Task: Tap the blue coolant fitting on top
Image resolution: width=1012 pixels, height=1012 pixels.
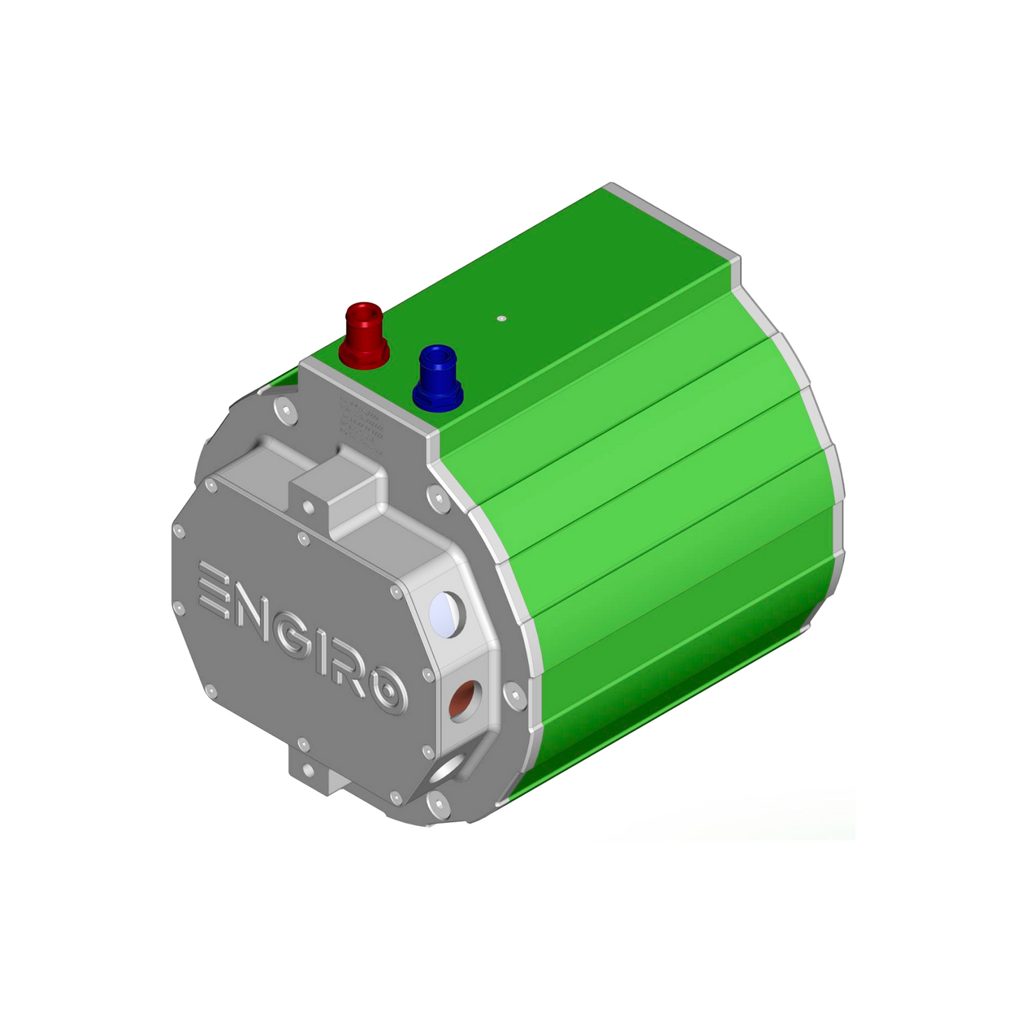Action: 438,377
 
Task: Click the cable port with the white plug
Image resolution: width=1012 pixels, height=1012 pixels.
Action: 447,613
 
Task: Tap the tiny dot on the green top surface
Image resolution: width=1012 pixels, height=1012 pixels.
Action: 501,318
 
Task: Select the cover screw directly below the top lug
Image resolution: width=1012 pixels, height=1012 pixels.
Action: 303,539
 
